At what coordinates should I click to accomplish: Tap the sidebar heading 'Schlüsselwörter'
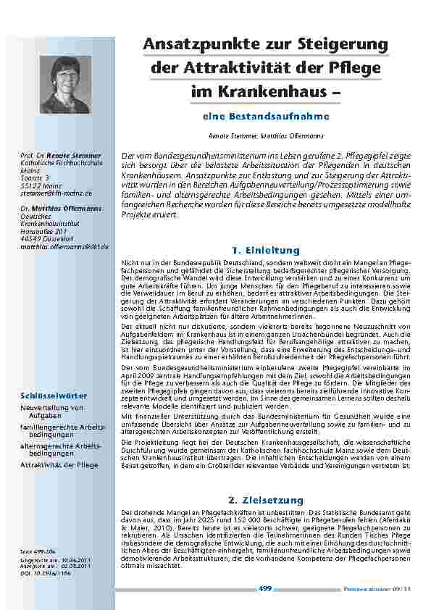coord(54,396)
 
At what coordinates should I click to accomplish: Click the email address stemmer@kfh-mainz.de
coord(56,193)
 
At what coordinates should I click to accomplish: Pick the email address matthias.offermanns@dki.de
coord(64,247)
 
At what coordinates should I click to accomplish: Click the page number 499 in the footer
coord(264,589)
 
